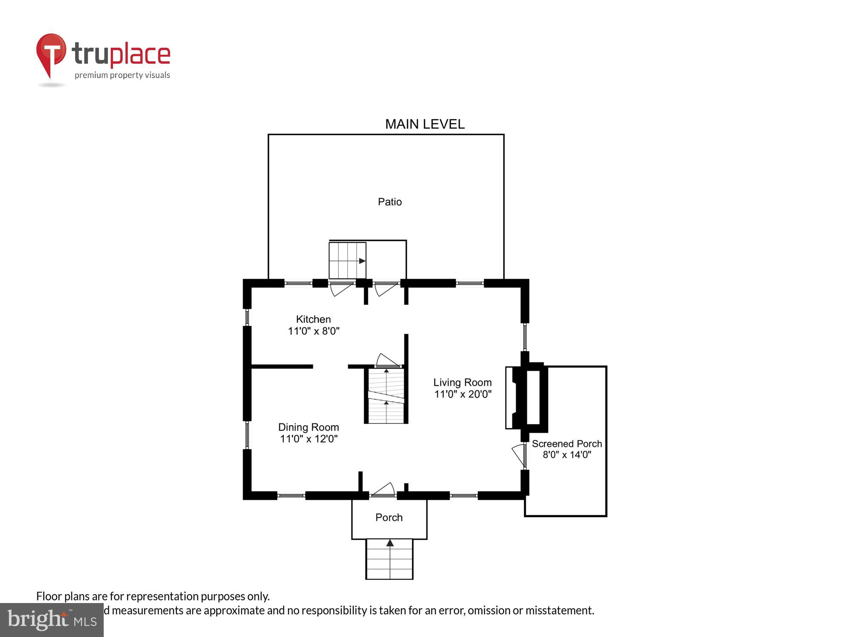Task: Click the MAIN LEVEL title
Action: pos(425,124)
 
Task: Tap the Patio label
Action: pos(390,202)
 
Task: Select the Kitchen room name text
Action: pos(313,319)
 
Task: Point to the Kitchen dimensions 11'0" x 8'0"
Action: pos(314,331)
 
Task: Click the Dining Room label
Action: pos(309,427)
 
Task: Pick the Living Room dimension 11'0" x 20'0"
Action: pos(463,394)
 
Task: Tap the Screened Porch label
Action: pos(567,444)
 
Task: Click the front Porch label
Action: pos(389,517)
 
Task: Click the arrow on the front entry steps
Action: pos(390,543)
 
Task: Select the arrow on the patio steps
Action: pos(362,261)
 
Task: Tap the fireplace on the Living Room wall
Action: pos(527,397)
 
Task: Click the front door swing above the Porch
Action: pos(384,490)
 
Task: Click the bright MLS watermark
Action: pos(51,620)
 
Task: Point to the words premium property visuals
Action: pos(122,75)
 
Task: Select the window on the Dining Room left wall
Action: pos(247,435)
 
